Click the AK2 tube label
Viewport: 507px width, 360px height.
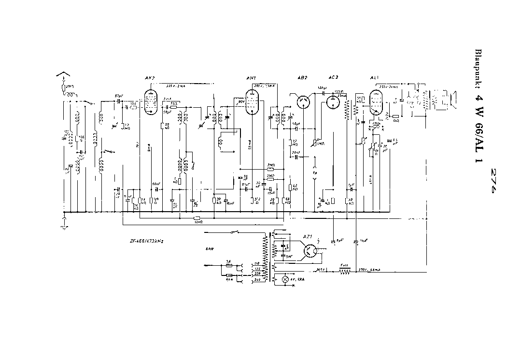tap(149, 78)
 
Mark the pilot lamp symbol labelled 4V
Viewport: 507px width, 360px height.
tap(285, 279)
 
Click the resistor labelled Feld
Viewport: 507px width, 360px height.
tap(344, 272)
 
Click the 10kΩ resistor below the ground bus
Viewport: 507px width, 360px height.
tap(196, 218)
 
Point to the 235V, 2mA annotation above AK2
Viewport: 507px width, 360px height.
tap(172, 86)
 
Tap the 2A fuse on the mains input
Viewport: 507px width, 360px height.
tap(228, 265)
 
